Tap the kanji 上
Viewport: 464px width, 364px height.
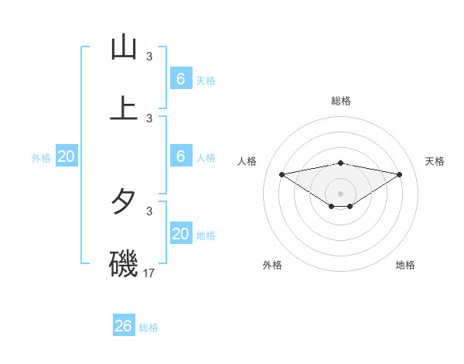click(124, 107)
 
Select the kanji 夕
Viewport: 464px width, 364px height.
click(124, 203)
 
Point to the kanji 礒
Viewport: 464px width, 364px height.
click(124, 263)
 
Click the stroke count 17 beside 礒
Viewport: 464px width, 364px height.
click(149, 273)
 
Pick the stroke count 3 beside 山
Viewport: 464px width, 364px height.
click(149, 56)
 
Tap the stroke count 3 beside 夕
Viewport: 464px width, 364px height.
click(149, 211)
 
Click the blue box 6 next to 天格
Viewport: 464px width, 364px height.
click(181, 79)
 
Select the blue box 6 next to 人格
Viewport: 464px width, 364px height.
click(181, 156)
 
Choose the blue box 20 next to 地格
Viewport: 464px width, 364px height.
click(181, 234)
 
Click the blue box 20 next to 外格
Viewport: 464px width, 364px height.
click(67, 156)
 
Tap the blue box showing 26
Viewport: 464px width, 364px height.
click(124, 326)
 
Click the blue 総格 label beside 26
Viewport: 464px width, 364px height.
click(148, 328)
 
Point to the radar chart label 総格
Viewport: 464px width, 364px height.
click(341, 101)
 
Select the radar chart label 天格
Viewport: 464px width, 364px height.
click(435, 161)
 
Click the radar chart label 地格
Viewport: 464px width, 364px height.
click(405, 265)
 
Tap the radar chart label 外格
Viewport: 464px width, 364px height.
click(272, 265)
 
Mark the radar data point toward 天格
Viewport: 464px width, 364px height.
click(400, 174)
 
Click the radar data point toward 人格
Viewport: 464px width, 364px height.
click(281, 174)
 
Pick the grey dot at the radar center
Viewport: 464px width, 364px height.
click(341, 194)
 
